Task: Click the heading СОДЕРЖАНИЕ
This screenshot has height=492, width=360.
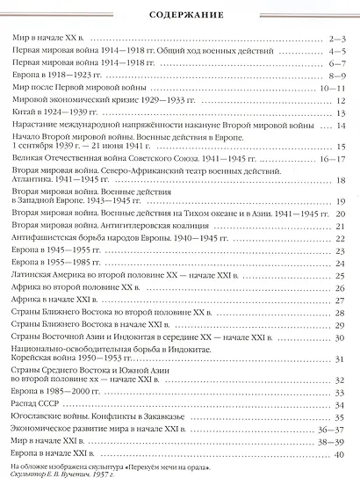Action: coord(179,16)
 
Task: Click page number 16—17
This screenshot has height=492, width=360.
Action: coord(330,160)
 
